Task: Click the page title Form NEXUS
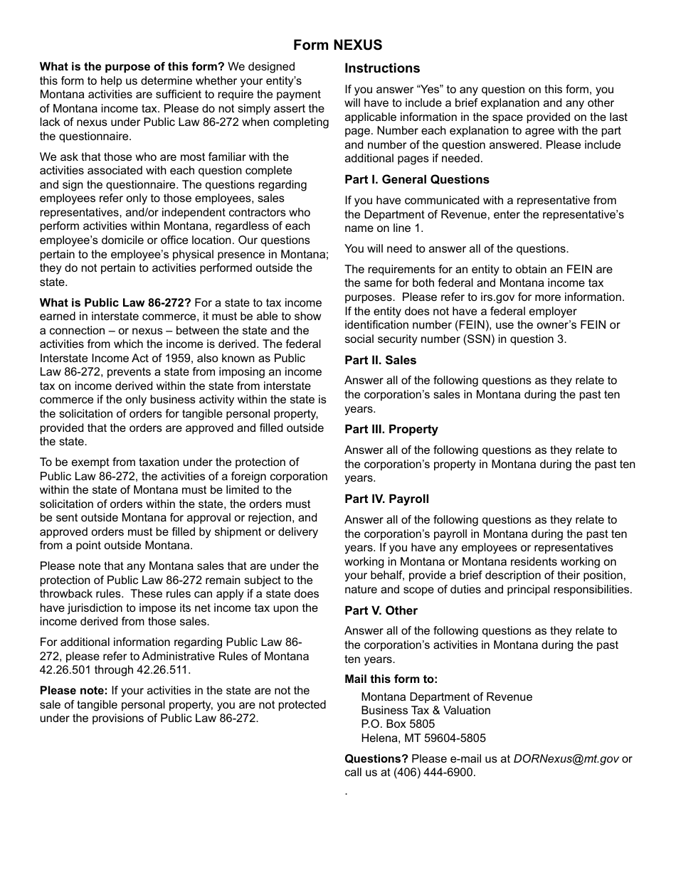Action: [x=337, y=46]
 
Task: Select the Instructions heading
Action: [x=382, y=69]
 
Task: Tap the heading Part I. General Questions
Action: [x=417, y=180]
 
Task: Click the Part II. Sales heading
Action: [x=380, y=361]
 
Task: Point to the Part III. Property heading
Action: [x=391, y=430]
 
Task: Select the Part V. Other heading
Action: [x=381, y=611]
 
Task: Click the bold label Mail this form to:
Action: [x=391, y=679]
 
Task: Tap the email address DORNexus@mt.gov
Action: [x=566, y=759]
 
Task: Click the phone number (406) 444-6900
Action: [x=433, y=773]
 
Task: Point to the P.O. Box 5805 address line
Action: [x=398, y=724]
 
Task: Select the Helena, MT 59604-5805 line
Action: [x=423, y=738]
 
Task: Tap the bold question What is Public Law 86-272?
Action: [x=115, y=303]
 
